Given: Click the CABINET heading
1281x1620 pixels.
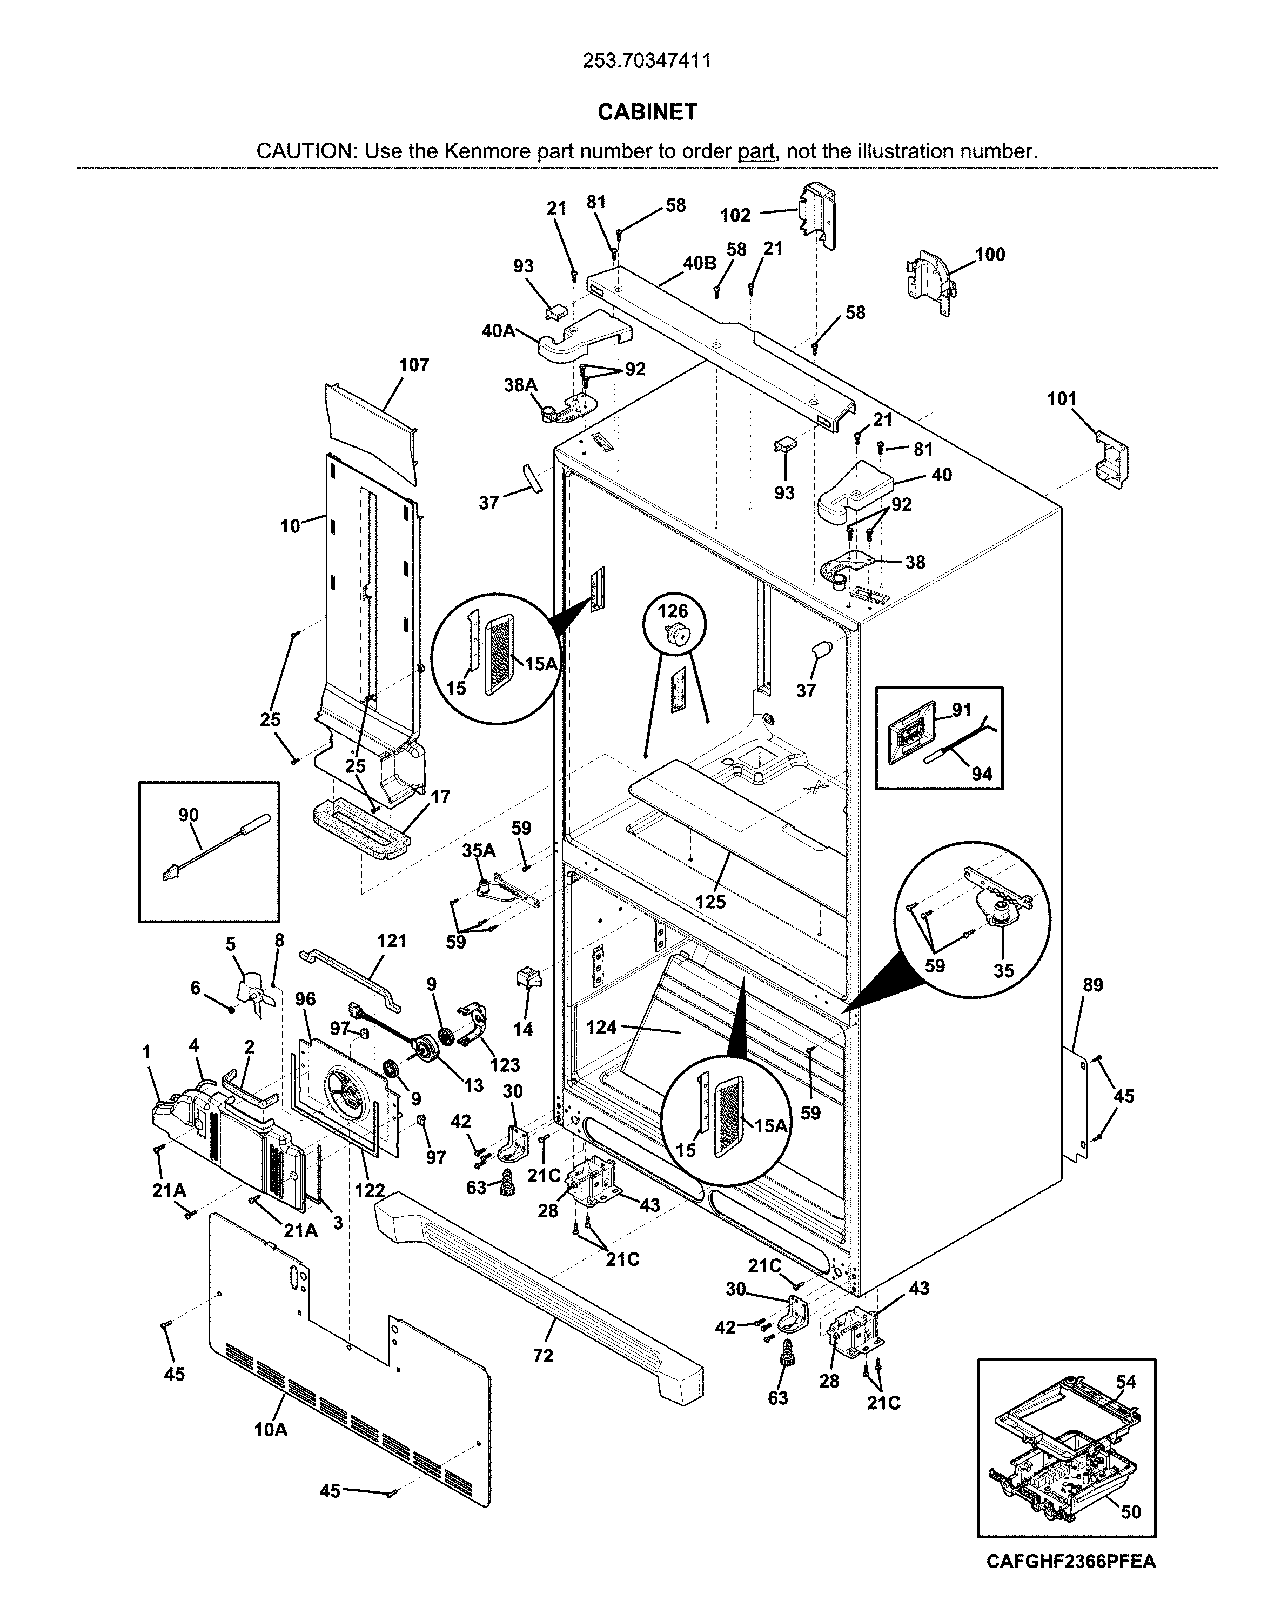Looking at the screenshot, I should (x=647, y=112).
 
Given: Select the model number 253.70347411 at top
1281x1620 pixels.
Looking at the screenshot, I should (x=647, y=61).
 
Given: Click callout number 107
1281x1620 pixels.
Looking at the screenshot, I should (x=413, y=365).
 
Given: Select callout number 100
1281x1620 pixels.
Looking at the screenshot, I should (x=990, y=255).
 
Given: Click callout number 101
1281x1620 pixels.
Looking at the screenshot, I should (x=1061, y=399).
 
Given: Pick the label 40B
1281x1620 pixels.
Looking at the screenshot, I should (x=699, y=263).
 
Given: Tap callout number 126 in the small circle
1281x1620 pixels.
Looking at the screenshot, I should (x=673, y=611).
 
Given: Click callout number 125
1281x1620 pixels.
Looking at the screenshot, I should (x=709, y=902).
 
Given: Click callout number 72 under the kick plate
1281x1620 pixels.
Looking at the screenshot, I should (x=542, y=1355).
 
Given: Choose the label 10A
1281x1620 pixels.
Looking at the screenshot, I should (x=270, y=1430).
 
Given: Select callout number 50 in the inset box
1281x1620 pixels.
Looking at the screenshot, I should (x=1130, y=1511).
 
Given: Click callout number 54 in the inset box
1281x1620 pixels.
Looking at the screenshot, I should (x=1125, y=1382).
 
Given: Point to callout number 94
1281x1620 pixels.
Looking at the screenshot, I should (x=982, y=774).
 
